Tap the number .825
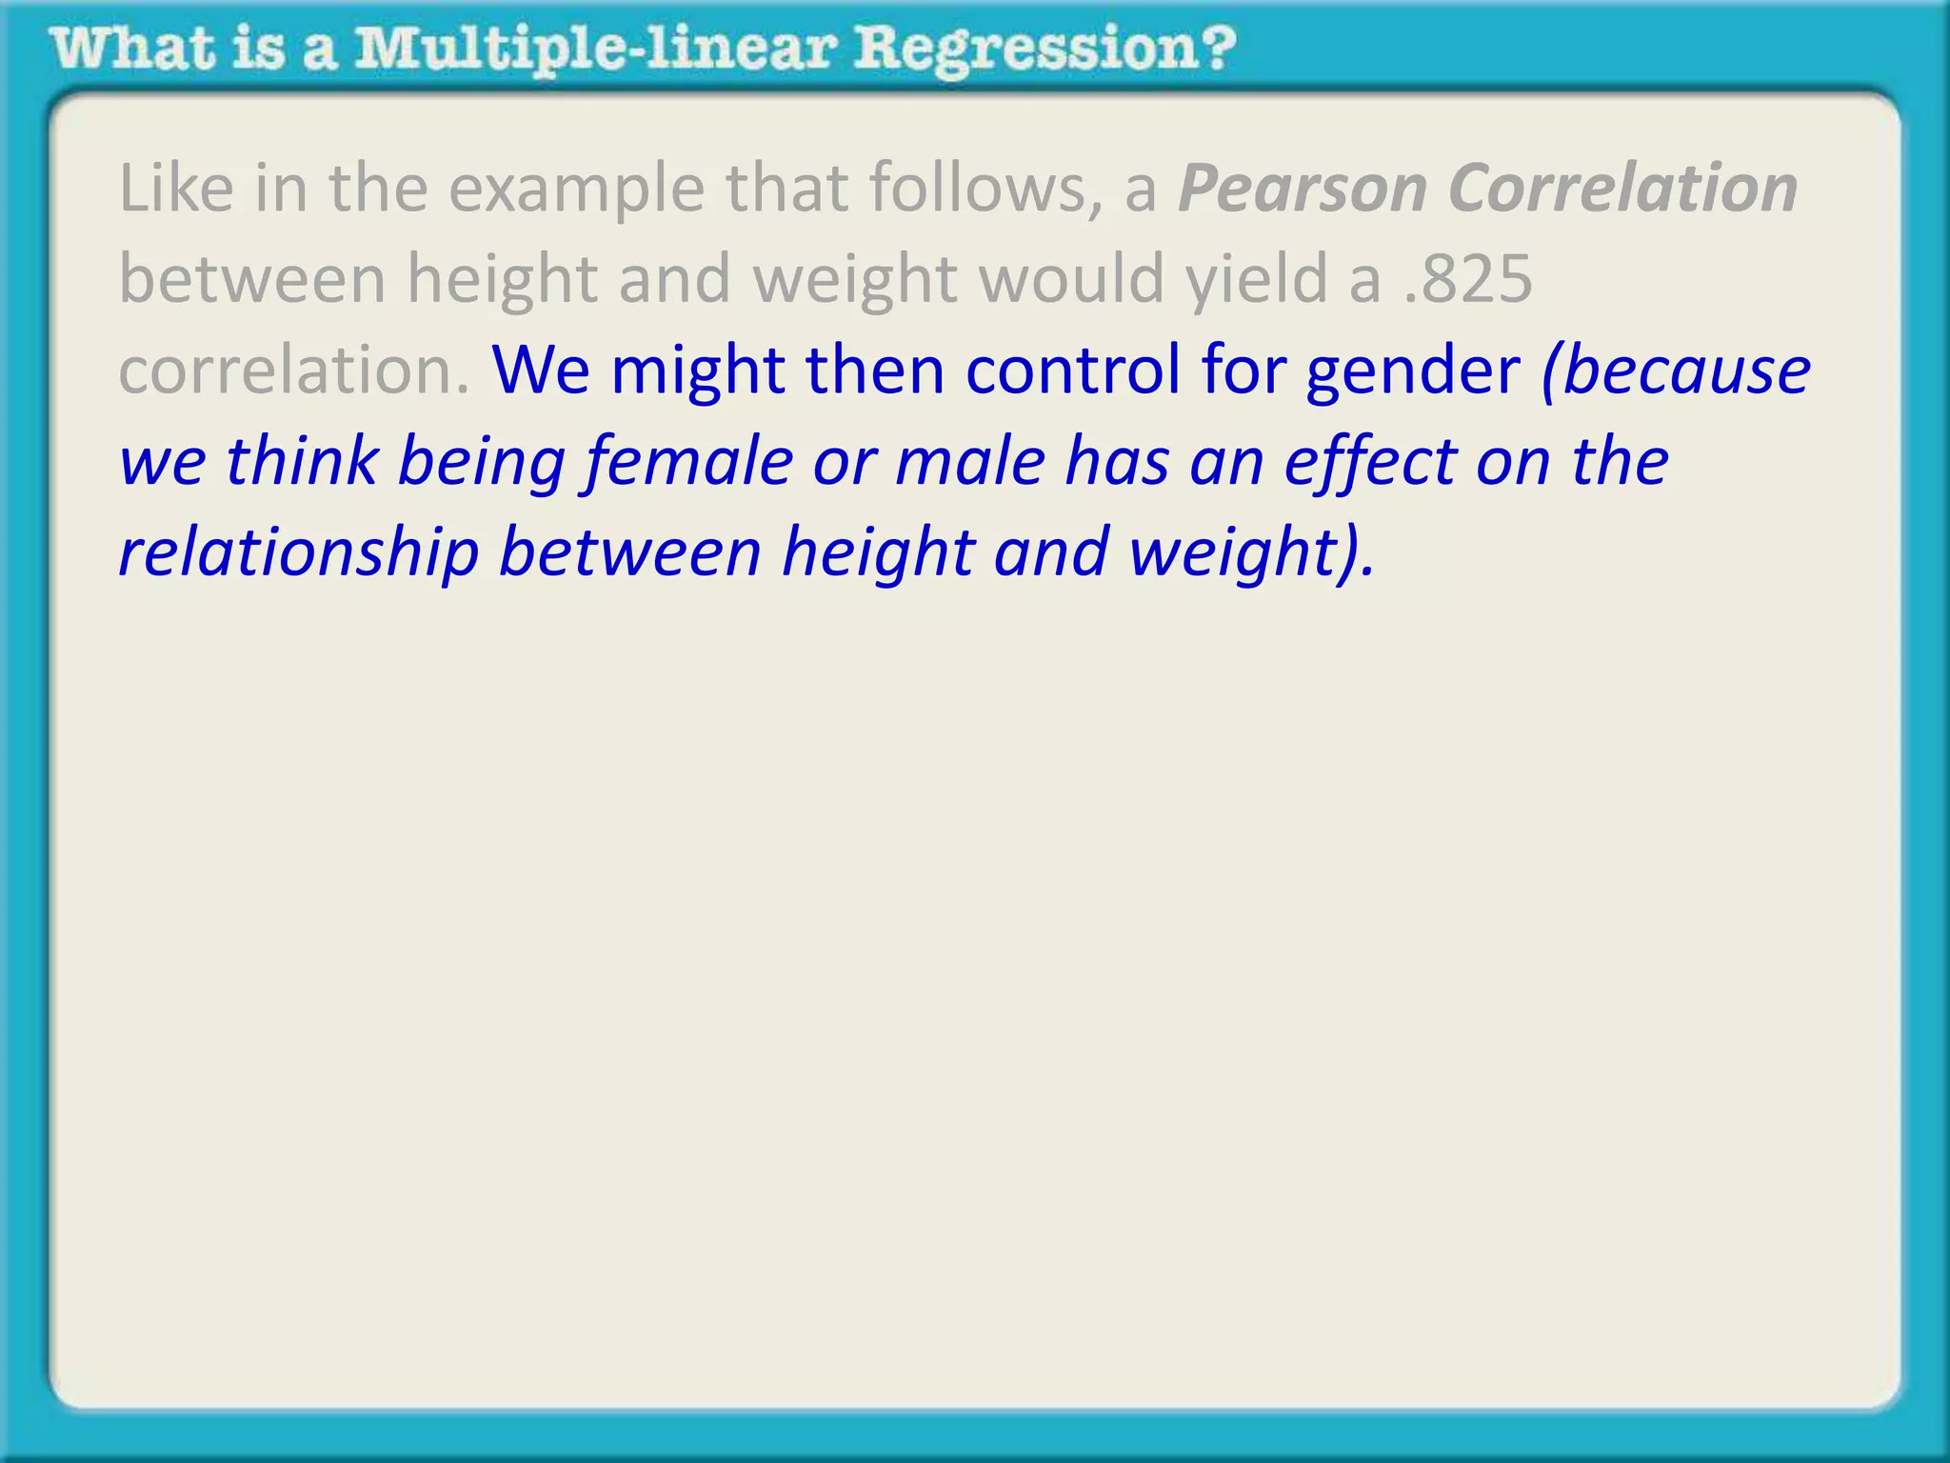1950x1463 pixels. pos(1469,279)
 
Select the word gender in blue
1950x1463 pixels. pos(1413,370)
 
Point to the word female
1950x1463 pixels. pos(688,461)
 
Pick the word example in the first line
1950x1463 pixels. pos(576,189)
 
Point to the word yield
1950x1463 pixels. pos(1257,279)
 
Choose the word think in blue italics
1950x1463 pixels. pos(302,461)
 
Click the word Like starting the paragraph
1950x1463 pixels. pos(176,189)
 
